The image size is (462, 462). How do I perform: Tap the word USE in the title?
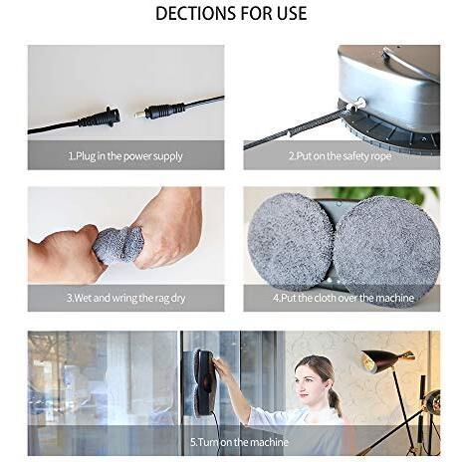tap(289, 14)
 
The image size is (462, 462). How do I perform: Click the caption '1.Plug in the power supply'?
tap(125, 156)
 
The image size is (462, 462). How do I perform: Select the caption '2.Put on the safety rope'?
tap(342, 156)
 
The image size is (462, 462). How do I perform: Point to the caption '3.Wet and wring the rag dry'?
tap(125, 298)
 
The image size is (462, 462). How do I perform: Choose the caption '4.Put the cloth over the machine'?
tap(342, 298)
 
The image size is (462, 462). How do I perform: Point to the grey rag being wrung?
tap(117, 244)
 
